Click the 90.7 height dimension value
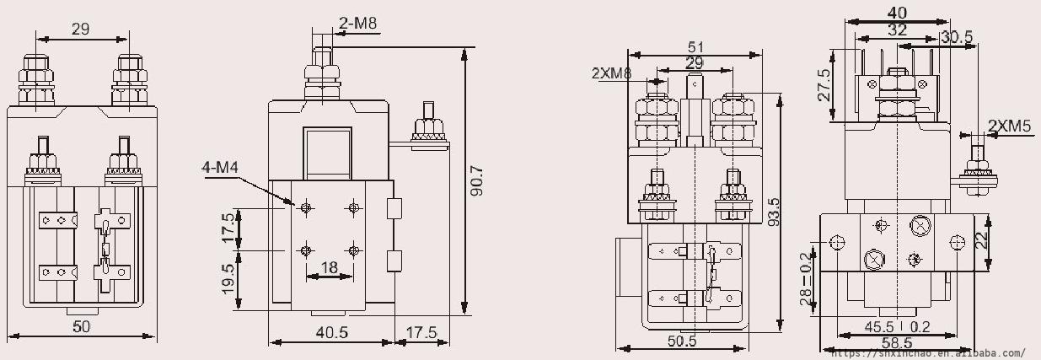[477, 181]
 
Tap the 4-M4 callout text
[220, 167]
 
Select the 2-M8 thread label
[358, 23]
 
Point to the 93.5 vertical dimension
[774, 212]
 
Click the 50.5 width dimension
[682, 341]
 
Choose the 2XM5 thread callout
[1009, 126]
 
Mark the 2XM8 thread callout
[612, 73]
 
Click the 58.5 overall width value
[897, 343]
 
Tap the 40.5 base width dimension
[332, 332]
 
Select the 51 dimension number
[695, 47]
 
